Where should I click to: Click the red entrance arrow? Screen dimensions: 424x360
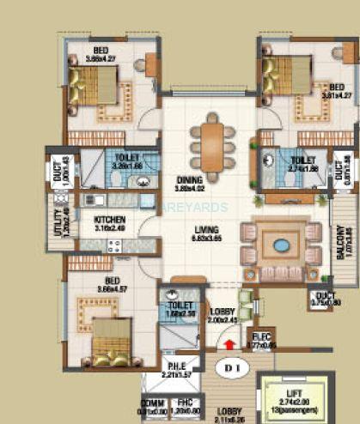coord(229,345)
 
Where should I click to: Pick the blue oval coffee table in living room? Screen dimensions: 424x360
coord(281,245)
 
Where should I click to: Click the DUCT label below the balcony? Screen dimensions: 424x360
coord(324,298)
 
